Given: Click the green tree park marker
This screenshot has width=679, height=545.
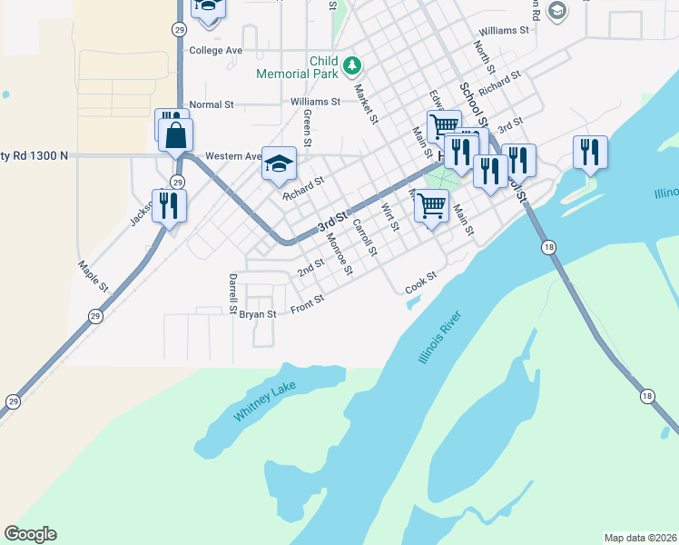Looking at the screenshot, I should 353,65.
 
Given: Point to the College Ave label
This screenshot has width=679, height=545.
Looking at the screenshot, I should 215,51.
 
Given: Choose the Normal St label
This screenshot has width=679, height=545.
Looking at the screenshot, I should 212,104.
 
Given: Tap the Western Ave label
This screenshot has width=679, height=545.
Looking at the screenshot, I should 233,156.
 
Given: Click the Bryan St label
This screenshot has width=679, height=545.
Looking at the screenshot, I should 257,314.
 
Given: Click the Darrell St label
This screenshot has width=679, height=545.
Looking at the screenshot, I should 233,288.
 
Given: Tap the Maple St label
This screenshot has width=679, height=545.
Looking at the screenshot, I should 93,276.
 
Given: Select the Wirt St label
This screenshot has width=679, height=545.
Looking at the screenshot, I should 390,217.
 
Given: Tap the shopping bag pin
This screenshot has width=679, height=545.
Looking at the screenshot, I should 176,135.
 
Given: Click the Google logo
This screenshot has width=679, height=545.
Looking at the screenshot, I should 30,534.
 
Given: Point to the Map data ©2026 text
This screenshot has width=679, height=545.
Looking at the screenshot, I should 640,538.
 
